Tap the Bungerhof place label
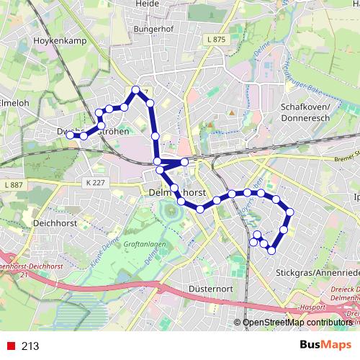pyautogui.click(x=154, y=29)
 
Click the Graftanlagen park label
pyautogui.click(x=145, y=243)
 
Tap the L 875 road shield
pyautogui.click(x=215, y=39)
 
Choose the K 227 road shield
pyautogui.click(x=94, y=182)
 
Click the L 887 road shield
pyautogui.click(x=14, y=186)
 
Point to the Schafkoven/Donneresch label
pyautogui.click(x=306, y=111)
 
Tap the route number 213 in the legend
pyautogui.click(x=30, y=346)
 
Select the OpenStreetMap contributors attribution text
pyautogui.click(x=297, y=323)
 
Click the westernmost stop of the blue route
pyautogui.click(x=69, y=134)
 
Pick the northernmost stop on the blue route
pyautogui.click(x=136, y=90)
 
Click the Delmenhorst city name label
pyautogui.click(x=177, y=194)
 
